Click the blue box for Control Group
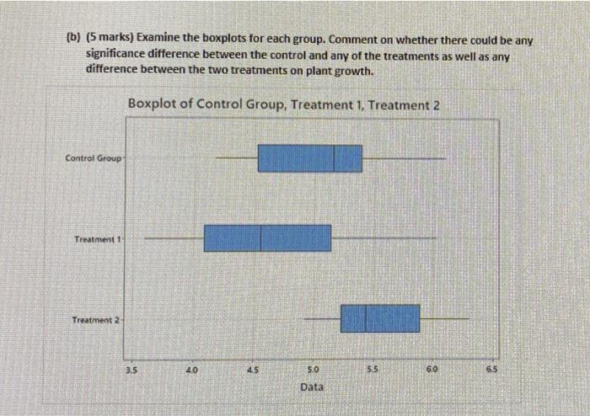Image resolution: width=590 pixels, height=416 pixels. pyautogui.click(x=309, y=158)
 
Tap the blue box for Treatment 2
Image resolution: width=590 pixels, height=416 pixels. pyautogui.click(x=380, y=318)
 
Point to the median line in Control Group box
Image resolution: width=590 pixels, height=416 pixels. pyautogui.click(x=335, y=158)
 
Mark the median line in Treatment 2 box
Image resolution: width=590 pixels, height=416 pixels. pyautogui.click(x=366, y=318)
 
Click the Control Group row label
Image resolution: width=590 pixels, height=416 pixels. pyautogui.click(x=93, y=158)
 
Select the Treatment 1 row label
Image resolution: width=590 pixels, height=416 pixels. pyautogui.click(x=97, y=239)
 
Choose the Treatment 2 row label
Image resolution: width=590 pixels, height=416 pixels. pyautogui.click(x=96, y=320)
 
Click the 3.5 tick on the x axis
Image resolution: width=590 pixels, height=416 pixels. pyautogui.click(x=131, y=369)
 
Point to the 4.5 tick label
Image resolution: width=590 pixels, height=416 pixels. pyautogui.click(x=252, y=369)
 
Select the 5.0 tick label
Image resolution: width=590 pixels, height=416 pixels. pyautogui.click(x=313, y=369)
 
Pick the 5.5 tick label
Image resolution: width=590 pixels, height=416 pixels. pyautogui.click(x=373, y=369)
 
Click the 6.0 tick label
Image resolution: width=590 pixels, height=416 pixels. pyautogui.click(x=432, y=369)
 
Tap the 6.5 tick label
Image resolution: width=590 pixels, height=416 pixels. pyautogui.click(x=493, y=369)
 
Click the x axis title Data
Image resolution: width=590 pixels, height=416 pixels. pyautogui.click(x=312, y=387)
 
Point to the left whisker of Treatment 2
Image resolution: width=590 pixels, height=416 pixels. pyautogui.click(x=322, y=318)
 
